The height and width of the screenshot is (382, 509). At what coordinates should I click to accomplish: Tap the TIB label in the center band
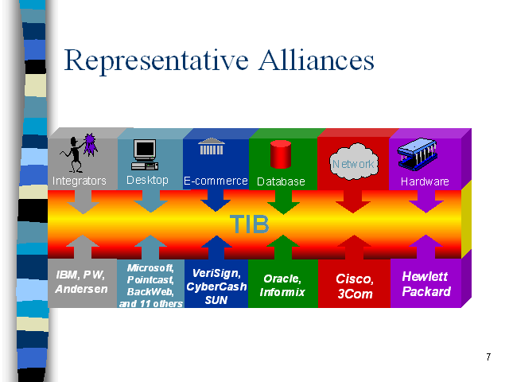(x=250, y=225)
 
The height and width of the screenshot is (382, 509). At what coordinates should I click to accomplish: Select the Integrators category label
(x=80, y=181)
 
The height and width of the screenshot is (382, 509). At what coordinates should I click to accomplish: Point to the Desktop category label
(x=147, y=180)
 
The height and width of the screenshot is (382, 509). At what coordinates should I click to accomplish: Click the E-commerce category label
(x=216, y=181)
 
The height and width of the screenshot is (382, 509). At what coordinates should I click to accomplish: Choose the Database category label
(x=281, y=181)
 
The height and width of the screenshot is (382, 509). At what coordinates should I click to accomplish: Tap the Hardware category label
(x=425, y=181)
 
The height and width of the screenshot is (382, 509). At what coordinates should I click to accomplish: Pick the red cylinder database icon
(x=281, y=154)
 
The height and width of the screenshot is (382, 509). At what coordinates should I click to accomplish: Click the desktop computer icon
(x=145, y=154)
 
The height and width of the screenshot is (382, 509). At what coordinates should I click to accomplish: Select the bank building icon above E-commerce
(x=212, y=147)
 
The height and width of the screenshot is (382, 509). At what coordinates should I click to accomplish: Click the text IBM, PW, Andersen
(x=81, y=281)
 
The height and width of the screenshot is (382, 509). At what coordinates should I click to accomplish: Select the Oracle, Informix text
(x=282, y=285)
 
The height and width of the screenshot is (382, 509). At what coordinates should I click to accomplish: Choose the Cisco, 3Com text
(x=354, y=286)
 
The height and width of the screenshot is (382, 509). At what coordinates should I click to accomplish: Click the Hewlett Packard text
(x=425, y=284)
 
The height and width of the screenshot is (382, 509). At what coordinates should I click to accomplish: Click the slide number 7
(x=488, y=356)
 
